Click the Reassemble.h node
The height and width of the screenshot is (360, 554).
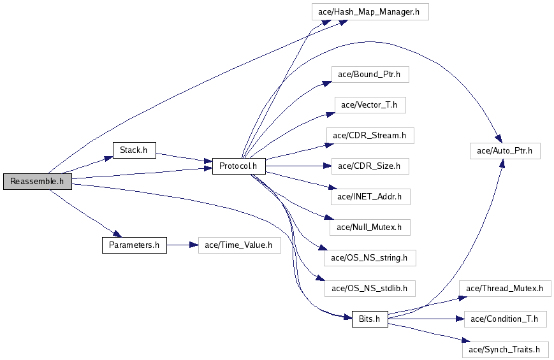pos(37,182)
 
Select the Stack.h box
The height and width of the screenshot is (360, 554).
pos(134,150)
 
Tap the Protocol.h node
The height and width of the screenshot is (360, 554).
pos(238,166)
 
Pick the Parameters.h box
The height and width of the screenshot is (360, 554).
pos(134,245)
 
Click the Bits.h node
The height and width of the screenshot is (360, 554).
pos(369,319)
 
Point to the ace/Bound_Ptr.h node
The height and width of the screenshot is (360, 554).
pos(369,75)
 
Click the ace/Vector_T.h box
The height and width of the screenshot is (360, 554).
pos(370,105)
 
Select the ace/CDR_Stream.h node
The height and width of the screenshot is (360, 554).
pos(370,136)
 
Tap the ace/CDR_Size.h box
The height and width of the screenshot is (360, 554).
pos(370,166)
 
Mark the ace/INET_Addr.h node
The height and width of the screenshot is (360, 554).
pos(370,197)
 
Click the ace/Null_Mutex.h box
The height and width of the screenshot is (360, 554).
pos(370,227)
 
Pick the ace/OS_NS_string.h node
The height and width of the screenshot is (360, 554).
pos(370,258)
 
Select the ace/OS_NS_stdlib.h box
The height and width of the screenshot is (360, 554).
pos(370,289)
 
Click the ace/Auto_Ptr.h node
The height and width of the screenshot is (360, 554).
pos(504,151)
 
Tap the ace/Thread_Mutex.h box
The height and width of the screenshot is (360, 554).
pos(504,289)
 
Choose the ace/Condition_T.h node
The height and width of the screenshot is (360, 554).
pos(504,319)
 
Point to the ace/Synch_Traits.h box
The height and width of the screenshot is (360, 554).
pos(504,349)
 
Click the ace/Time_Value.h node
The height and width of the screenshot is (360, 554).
pos(239,245)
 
